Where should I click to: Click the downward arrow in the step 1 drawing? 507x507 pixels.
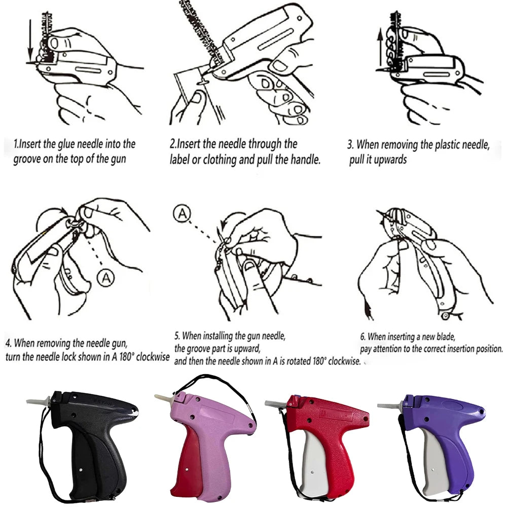30,40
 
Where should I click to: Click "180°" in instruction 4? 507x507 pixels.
125,356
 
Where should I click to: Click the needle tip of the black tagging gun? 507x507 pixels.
27,401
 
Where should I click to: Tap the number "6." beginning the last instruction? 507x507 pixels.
363,337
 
